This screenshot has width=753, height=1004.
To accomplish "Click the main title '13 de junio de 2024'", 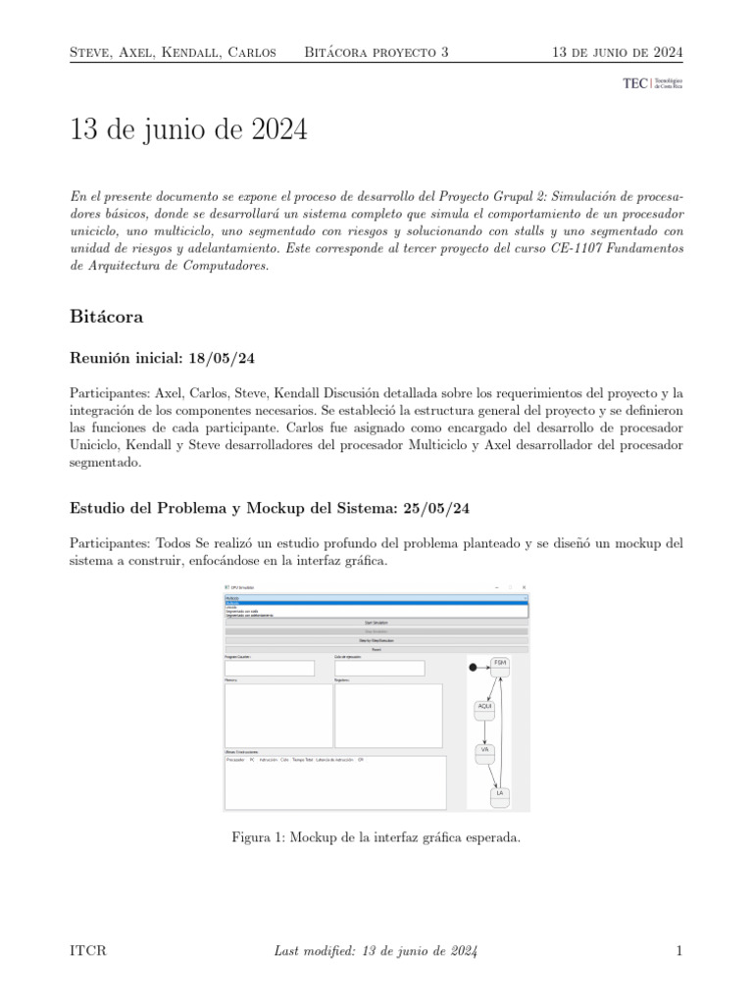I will (188, 129).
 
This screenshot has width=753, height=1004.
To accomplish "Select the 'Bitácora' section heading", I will (109, 317).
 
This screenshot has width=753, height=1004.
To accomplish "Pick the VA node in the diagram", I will (484, 752).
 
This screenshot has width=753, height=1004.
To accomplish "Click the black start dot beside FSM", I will (473, 668).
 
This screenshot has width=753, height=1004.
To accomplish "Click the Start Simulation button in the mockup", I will (376, 622).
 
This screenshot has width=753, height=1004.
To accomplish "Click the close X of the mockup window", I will (524, 586).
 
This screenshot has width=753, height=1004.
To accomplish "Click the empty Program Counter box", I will (270, 668).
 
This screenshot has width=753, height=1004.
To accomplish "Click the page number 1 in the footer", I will (678, 950).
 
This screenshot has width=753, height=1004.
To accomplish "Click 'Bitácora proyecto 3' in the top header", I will (376, 51).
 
